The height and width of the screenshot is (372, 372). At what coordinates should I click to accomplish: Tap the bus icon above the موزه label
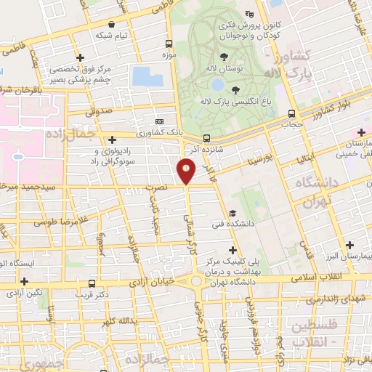coord(169,44)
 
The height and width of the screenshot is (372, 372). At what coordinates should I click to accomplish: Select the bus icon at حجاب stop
coord(292,114)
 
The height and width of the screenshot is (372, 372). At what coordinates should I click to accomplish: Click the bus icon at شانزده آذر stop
coord(207,138)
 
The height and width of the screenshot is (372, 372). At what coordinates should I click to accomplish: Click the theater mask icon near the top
coord(251,14)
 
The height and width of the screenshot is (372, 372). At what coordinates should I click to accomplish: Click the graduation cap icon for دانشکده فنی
coord(232,214)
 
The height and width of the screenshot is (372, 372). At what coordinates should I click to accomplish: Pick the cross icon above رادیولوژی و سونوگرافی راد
coord(112,139)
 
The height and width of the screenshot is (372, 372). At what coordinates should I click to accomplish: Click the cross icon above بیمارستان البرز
coord(351,246)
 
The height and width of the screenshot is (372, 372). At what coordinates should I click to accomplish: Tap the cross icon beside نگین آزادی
coord(25,280)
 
